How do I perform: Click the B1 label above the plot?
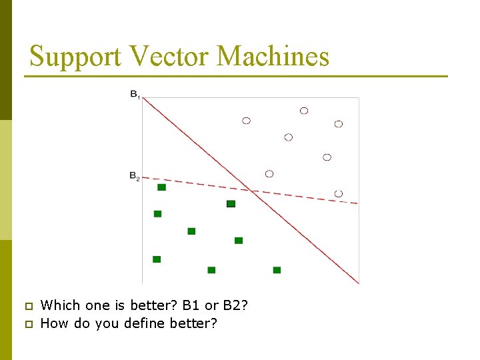(x=135, y=95)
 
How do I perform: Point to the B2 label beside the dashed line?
(x=134, y=177)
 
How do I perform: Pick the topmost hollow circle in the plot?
(x=304, y=111)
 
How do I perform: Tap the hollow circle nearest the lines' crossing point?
(x=269, y=174)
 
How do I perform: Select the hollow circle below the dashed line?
(x=339, y=193)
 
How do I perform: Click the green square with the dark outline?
(x=231, y=203)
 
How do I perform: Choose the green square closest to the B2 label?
(x=161, y=187)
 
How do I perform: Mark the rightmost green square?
(x=277, y=270)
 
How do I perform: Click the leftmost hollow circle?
(x=246, y=121)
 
